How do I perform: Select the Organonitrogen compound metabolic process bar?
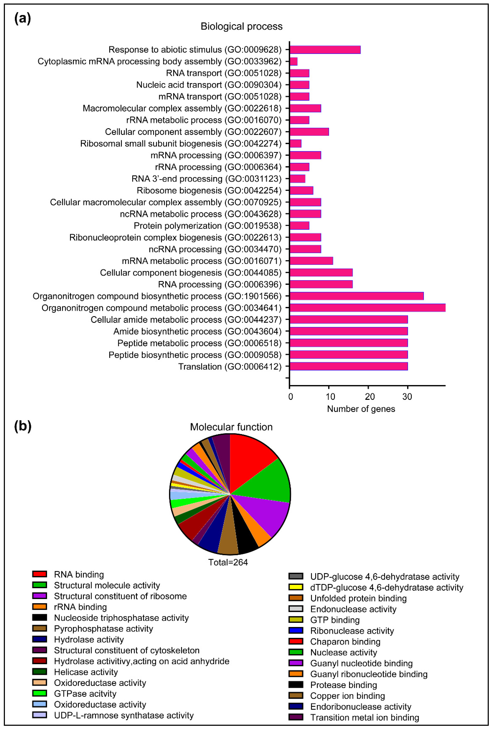(x=367, y=308)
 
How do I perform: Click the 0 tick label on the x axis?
(x=290, y=397)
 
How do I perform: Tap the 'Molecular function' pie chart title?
(x=231, y=427)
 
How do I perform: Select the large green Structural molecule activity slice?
(x=266, y=481)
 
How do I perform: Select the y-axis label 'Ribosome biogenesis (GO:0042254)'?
(x=209, y=190)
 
